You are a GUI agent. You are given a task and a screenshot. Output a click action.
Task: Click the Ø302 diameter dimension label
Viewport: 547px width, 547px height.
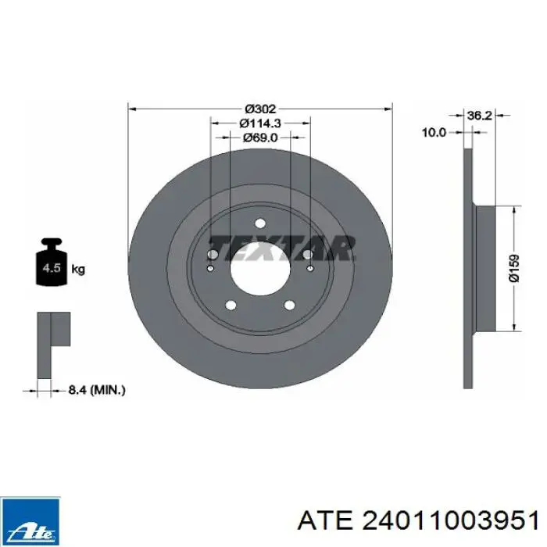tap(260, 109)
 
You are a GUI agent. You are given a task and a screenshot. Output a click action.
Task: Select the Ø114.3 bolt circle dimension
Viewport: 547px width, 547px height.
tap(260, 123)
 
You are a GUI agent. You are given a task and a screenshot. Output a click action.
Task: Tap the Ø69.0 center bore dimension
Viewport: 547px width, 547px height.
tap(260, 138)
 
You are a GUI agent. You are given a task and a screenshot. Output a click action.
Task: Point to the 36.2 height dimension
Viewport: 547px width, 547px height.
tap(479, 115)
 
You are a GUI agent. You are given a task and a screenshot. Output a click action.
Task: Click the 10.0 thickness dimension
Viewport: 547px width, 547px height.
tap(434, 133)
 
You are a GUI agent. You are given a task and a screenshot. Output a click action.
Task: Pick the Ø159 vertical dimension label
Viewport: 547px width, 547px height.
tap(514, 268)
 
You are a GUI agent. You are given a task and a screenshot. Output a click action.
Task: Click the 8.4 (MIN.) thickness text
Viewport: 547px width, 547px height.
tap(97, 390)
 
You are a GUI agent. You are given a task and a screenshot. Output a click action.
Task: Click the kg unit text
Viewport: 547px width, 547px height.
tap(78, 270)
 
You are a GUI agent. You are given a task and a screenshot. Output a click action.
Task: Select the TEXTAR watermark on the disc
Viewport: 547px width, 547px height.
tap(283, 248)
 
